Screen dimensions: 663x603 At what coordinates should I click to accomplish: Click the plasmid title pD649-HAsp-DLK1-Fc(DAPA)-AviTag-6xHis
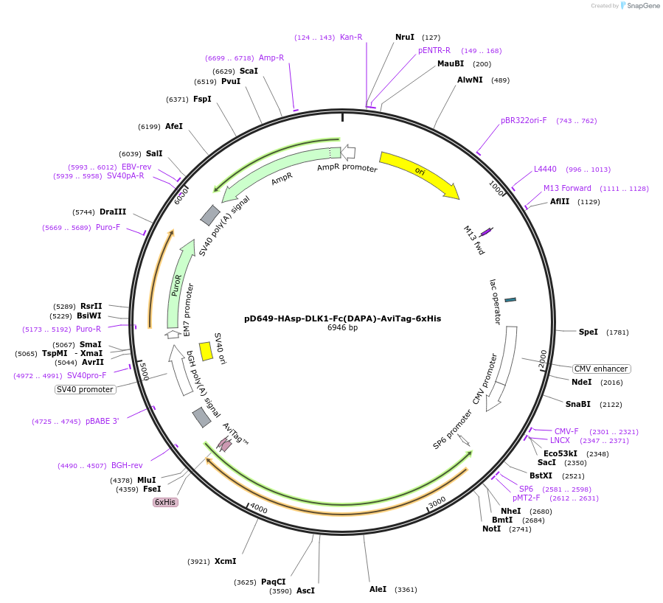pos(342,318)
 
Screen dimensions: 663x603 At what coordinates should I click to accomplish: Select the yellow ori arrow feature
pos(418,173)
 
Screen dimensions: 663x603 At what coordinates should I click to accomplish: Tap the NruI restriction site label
pos(405,37)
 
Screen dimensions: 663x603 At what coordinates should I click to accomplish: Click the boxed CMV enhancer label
pos(601,369)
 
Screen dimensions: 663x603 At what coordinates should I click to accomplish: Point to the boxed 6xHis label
pos(164,502)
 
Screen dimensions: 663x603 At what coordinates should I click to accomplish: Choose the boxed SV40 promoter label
pos(86,389)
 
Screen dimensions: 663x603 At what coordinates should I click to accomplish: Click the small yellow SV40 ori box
pos(206,352)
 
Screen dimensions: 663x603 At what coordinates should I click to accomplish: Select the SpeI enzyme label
pos(588,332)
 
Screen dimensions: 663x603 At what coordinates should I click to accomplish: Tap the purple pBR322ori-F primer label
pos(524,120)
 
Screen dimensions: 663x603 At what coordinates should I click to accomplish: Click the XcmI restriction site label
pos(225,561)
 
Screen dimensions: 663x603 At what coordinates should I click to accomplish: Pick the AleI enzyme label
pos(378,589)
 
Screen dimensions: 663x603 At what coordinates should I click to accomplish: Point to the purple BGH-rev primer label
pos(127,465)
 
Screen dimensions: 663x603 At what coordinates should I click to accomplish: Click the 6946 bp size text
pos(342,328)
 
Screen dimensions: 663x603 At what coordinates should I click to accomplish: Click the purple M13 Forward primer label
pos(567,188)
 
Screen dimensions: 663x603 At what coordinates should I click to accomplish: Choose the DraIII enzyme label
pos(113,212)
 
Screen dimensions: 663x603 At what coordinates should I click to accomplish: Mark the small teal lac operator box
pos(510,299)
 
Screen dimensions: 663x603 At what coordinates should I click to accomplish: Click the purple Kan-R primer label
pos(351,37)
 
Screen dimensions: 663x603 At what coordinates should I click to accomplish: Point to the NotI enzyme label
pos(491,529)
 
